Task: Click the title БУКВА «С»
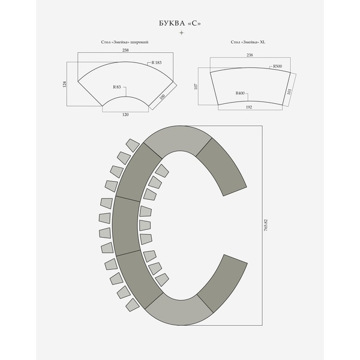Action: (x=180, y=23)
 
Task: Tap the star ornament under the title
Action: (x=181, y=33)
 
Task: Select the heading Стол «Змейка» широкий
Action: (x=125, y=42)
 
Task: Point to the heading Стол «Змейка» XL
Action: (x=248, y=42)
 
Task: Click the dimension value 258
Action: (x=125, y=50)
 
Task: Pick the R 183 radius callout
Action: (x=157, y=62)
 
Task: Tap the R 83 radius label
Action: (x=116, y=87)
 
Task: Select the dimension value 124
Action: (x=65, y=84)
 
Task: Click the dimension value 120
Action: (x=125, y=115)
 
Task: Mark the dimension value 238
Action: (x=250, y=55)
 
